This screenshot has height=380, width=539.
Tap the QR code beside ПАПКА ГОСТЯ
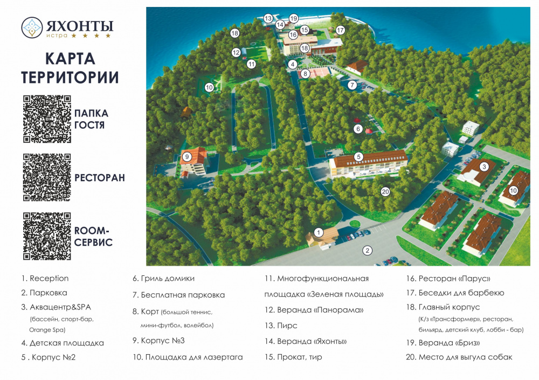point(47,119)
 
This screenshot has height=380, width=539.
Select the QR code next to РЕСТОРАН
point(47,177)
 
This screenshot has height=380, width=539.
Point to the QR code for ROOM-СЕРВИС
point(47,236)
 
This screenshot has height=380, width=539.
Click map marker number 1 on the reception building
point(319,232)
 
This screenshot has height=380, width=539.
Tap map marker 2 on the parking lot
point(367,250)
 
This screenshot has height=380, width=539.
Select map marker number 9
point(187,156)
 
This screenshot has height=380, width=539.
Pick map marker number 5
point(358,157)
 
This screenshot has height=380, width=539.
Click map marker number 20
point(385,191)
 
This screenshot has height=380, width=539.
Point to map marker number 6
point(358,129)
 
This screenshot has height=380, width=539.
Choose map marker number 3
point(484,167)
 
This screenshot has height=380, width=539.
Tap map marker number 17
point(340,30)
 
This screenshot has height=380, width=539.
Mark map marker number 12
point(236,52)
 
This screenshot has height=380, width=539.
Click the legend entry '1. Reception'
point(45,279)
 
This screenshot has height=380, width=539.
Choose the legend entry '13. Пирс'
point(280,326)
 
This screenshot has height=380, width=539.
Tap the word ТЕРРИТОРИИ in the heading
point(70,77)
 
